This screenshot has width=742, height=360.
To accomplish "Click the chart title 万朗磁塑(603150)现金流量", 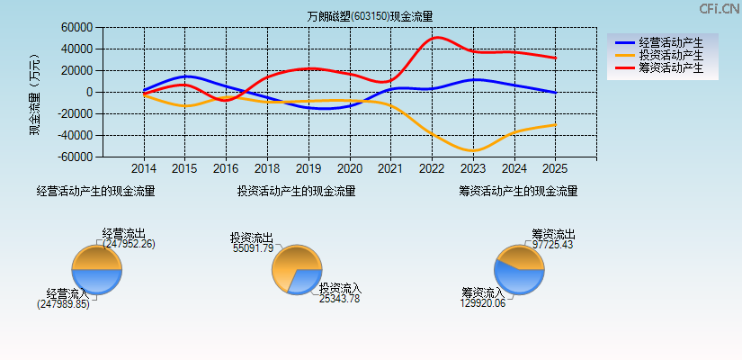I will point(370,16).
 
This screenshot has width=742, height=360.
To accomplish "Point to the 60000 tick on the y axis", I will point(76,28).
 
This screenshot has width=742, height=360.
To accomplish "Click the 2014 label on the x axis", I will point(144,168).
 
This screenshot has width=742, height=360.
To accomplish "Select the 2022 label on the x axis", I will point(432,168).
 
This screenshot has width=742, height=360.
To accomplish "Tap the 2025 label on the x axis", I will point(555,168).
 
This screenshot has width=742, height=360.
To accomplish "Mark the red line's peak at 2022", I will point(436,37).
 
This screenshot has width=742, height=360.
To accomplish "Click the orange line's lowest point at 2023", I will point(473,150).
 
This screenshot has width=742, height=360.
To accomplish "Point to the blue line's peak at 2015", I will point(185,76).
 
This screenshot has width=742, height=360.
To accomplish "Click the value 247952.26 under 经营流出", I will point(129,244).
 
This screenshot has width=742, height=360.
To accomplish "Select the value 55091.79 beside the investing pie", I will point(253,247).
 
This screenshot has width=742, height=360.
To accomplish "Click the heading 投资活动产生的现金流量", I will point(296,191).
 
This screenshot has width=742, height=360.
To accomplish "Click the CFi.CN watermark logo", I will point(720,9).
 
